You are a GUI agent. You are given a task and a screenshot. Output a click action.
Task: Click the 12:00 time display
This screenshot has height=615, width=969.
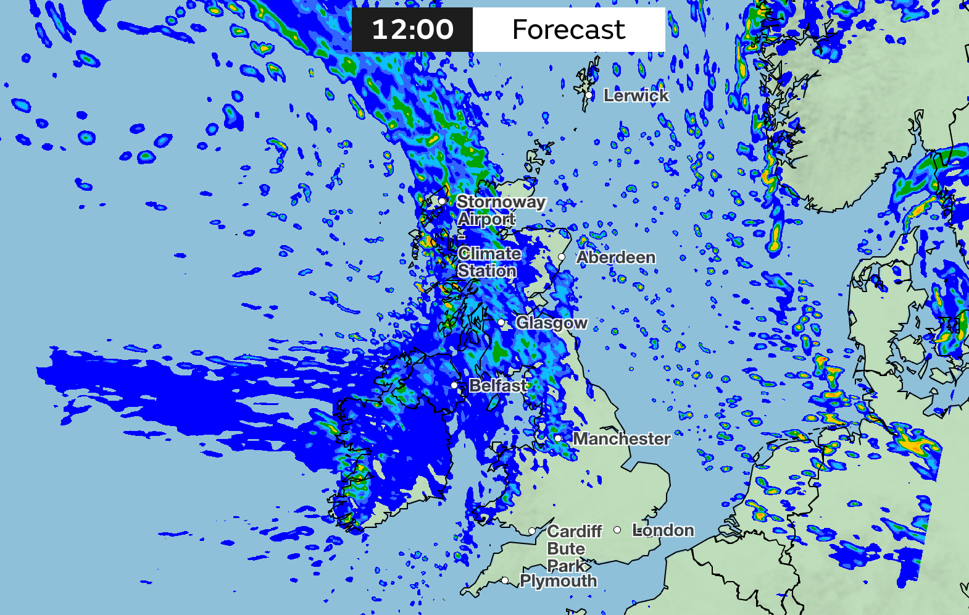[x=412, y=30]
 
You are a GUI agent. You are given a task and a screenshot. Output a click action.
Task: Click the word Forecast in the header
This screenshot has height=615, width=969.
[x=568, y=30]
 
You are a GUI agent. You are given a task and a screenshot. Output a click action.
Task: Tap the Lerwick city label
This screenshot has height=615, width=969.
[x=636, y=96]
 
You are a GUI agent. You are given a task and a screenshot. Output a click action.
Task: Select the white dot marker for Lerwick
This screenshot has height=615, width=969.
[x=591, y=95]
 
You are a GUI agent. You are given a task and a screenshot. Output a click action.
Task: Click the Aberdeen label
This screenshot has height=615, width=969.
[x=616, y=257]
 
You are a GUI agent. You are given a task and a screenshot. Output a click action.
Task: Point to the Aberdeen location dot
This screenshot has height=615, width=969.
[x=562, y=257]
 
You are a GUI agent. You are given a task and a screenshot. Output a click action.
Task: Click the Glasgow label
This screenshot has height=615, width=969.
[x=552, y=323]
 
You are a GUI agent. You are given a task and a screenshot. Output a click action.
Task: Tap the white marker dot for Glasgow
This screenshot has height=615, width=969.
[x=501, y=322]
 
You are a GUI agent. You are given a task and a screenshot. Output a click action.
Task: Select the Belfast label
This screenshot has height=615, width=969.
[x=498, y=386]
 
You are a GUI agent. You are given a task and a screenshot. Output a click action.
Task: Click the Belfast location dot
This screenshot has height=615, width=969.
[x=455, y=385]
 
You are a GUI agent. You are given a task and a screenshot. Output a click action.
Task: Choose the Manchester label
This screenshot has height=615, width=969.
[x=622, y=439]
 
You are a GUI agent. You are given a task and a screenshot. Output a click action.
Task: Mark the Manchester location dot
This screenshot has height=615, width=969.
[x=558, y=438]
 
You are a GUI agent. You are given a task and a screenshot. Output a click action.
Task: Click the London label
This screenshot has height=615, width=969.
[x=663, y=530]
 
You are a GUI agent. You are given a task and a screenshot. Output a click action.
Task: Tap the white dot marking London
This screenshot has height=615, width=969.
[x=617, y=530]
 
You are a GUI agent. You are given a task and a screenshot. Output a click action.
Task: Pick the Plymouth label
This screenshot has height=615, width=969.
[x=559, y=581]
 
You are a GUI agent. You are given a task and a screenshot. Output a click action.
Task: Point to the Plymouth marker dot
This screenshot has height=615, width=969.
[x=505, y=580]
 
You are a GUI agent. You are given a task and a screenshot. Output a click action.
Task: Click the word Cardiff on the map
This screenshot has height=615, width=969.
[x=575, y=532]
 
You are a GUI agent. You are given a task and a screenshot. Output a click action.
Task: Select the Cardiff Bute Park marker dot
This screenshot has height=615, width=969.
[x=532, y=531]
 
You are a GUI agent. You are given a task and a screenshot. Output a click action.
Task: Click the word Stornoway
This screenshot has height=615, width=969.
[x=501, y=202]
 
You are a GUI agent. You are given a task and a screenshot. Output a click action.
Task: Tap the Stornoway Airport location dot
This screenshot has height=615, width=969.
[x=442, y=201]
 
